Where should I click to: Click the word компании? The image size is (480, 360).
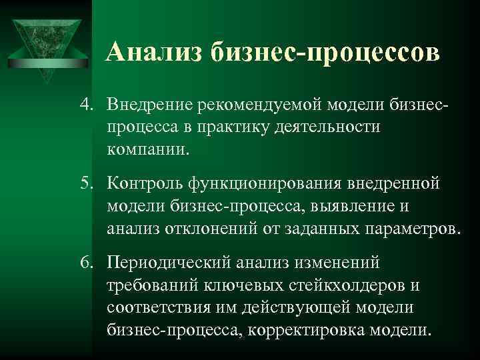point(147,147)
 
